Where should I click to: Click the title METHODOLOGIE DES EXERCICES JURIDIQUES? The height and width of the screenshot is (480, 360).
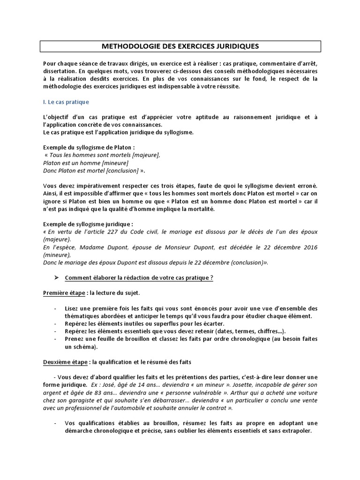coord(180,46)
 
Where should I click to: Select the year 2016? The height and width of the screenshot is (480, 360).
coord(308,247)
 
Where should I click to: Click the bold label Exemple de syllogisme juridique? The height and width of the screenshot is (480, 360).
coord(88,223)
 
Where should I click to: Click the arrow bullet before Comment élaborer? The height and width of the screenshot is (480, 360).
coord(56,278)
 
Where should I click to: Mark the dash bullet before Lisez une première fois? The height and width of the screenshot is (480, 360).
coord(56,308)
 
